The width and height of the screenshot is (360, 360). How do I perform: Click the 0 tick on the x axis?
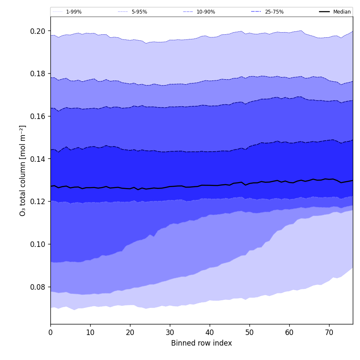click(50, 333)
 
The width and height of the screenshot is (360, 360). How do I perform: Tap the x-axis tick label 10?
click(90, 333)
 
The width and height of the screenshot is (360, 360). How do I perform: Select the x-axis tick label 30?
click(170, 333)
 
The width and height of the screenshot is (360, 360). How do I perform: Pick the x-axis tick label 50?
click(249, 333)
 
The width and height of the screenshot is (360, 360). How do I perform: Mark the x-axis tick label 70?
click(329, 333)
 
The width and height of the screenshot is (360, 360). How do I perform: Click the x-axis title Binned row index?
click(202, 343)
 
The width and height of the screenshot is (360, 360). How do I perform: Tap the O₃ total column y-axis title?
click(23, 170)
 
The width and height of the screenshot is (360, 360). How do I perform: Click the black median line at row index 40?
click(210, 185)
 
